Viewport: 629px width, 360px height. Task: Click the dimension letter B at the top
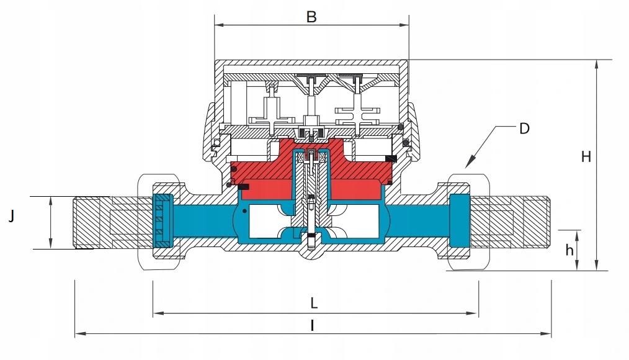(311, 17)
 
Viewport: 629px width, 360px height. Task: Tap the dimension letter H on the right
(586, 156)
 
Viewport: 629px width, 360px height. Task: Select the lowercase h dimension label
(569, 250)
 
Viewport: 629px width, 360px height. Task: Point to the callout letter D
(524, 129)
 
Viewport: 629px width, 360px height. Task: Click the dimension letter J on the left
(12, 217)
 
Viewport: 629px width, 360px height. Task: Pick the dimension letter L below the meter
(314, 303)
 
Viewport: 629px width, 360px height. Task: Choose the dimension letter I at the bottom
(313, 326)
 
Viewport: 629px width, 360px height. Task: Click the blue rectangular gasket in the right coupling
(460, 220)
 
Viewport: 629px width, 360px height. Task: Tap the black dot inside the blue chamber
(244, 211)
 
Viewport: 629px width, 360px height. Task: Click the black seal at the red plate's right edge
(391, 159)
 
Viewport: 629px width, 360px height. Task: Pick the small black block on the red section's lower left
(244, 187)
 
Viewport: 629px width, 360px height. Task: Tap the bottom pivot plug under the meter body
(311, 242)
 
